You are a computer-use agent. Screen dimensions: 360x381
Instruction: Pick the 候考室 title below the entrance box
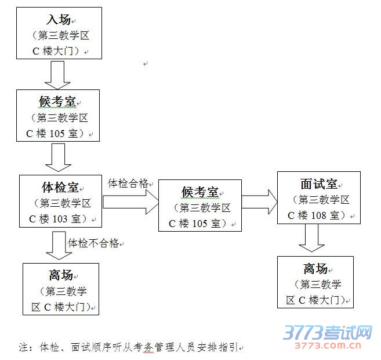click(x=57, y=102)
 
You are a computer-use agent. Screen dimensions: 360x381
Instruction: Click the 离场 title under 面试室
click(x=315, y=268)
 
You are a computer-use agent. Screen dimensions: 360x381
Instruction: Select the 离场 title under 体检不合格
click(x=60, y=275)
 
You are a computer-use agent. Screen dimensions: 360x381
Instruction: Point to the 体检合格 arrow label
click(x=128, y=183)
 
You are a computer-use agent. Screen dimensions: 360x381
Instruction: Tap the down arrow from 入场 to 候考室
click(x=57, y=74)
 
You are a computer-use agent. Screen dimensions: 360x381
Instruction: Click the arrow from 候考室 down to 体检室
click(x=57, y=157)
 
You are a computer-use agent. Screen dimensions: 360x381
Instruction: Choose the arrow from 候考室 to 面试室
click(x=259, y=201)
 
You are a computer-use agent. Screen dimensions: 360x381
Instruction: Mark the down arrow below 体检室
click(x=58, y=244)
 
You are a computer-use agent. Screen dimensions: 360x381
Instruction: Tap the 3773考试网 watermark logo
click(x=328, y=333)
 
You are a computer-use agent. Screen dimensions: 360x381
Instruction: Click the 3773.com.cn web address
click(x=328, y=347)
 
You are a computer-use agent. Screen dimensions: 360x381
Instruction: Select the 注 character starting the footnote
click(x=24, y=348)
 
